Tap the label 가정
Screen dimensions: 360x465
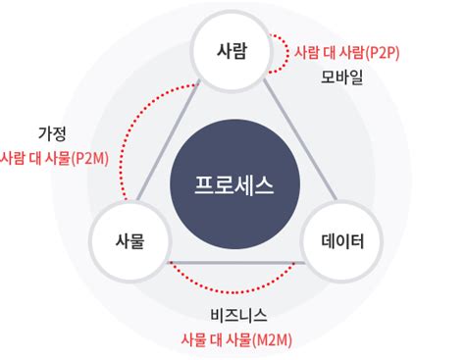point(51,132)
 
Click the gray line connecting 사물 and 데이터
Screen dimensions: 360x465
point(235,262)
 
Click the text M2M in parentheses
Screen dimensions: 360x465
point(273,339)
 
